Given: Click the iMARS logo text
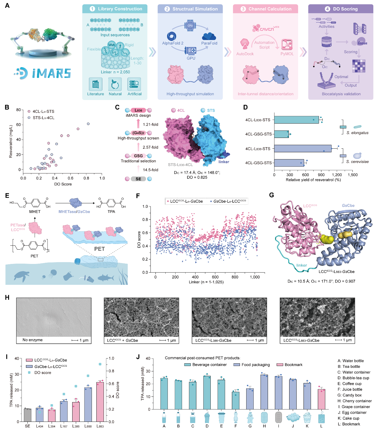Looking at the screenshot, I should [51, 73].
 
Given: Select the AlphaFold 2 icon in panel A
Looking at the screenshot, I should [172, 36].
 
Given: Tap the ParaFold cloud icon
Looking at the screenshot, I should [209, 36].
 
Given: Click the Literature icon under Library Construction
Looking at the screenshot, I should [95, 84].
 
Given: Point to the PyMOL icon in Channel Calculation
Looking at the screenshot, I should [287, 45].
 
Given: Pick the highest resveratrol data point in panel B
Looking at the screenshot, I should [88, 124].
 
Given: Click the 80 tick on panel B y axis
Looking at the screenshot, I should [19, 110].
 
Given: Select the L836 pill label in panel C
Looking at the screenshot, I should [138, 110].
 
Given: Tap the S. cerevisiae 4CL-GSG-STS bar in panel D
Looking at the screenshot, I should [289, 163].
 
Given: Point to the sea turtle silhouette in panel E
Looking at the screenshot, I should [21, 276].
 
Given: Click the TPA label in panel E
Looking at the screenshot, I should [111, 212].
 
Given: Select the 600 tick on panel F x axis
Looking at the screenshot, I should [215, 277].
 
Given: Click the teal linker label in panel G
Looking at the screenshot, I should [301, 265].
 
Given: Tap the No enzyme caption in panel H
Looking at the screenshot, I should [33, 340].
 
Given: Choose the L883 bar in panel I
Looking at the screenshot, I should [100, 402].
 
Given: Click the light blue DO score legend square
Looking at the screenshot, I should [29, 373].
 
